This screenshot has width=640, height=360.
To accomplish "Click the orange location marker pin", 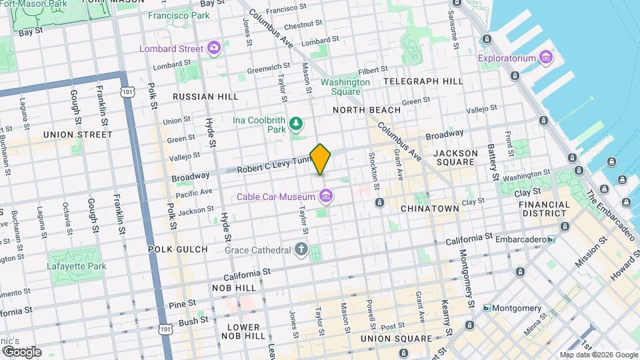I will pos(321,159).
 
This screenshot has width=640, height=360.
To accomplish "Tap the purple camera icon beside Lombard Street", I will pos(213,47).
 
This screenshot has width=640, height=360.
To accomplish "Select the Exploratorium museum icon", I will pos(546,57).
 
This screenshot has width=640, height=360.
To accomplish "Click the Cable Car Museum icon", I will pos(326,196).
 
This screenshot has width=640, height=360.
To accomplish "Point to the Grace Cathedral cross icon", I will pos(301,250).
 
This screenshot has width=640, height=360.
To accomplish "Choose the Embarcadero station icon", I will pos(551,238).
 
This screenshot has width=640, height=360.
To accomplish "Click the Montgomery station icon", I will pos(487,308).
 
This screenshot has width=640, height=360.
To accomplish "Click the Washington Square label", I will pos(345,87).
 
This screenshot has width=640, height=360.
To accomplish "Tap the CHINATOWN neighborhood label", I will pos(430,209).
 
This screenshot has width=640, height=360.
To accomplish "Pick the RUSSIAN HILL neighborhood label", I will pos(205,97).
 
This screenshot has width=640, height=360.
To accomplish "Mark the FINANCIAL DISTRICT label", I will pos(543,209).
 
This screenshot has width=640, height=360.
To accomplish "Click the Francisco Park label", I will pos(178,15).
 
